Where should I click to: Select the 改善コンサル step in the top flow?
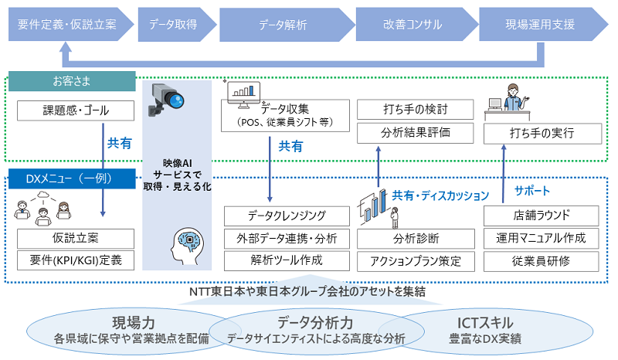click(x=416, y=25)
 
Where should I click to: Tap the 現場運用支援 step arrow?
click(x=543, y=25)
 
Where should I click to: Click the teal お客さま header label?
click(x=72, y=81)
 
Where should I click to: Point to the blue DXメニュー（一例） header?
click(x=72, y=179)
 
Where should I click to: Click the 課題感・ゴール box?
click(x=76, y=110)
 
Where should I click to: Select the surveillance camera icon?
click(x=165, y=100)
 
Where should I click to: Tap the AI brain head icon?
click(x=187, y=246)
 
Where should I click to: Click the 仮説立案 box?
click(x=76, y=239)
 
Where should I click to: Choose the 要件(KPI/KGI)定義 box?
click(x=76, y=260)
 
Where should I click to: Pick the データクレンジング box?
click(x=287, y=216)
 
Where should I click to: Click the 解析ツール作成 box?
click(x=287, y=260)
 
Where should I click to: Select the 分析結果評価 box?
click(x=416, y=133)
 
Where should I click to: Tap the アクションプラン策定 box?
click(x=416, y=261)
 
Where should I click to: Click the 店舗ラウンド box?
click(x=542, y=216)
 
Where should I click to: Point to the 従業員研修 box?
click(x=542, y=261)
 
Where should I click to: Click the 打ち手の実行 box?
click(x=543, y=134)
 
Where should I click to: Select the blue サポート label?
click(x=532, y=191)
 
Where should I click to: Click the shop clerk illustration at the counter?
click(x=508, y=100)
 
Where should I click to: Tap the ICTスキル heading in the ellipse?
click(x=485, y=323)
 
